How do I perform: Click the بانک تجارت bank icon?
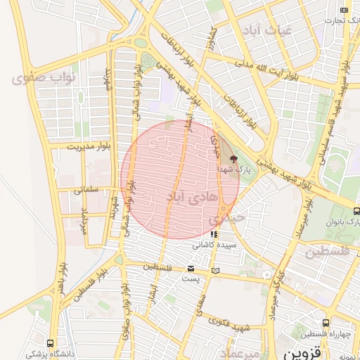(344, 10)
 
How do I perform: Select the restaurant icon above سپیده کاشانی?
(214, 234)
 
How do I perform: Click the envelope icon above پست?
(191, 269)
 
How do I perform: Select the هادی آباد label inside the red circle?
(186, 198)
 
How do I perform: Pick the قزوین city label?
(305, 349)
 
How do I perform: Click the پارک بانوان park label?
(342, 221)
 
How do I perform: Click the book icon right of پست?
(214, 271)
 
